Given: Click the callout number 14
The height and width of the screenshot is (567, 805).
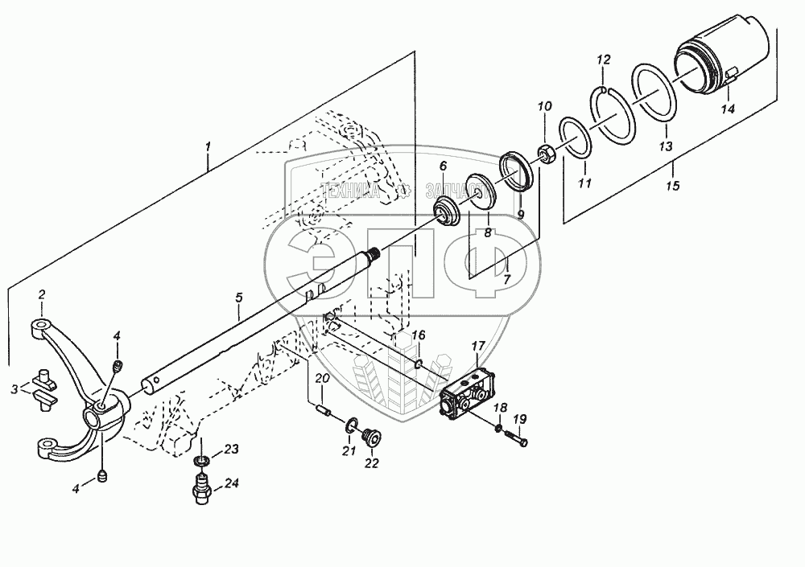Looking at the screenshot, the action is pyautogui.click(x=727, y=109).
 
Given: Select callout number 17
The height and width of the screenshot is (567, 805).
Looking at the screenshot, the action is pyautogui.click(x=477, y=347).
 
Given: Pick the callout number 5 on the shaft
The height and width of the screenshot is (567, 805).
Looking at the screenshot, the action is pyautogui.click(x=239, y=298).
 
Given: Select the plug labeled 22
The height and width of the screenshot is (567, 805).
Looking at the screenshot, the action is pyautogui.click(x=372, y=438).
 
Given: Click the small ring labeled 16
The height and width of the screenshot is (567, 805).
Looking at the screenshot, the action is pyautogui.click(x=419, y=364).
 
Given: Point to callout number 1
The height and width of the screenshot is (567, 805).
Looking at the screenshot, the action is pyautogui.click(x=208, y=146).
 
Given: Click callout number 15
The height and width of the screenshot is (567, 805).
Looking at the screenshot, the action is pyautogui.click(x=673, y=186).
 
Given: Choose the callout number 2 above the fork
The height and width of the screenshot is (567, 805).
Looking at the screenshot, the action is pyautogui.click(x=42, y=295).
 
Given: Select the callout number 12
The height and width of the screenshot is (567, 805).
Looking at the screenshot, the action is pyautogui.click(x=604, y=60).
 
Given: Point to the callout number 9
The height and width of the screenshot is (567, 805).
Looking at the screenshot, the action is pyautogui.click(x=521, y=215).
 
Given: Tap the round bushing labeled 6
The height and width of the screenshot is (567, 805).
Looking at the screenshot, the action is pyautogui.click(x=445, y=213).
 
